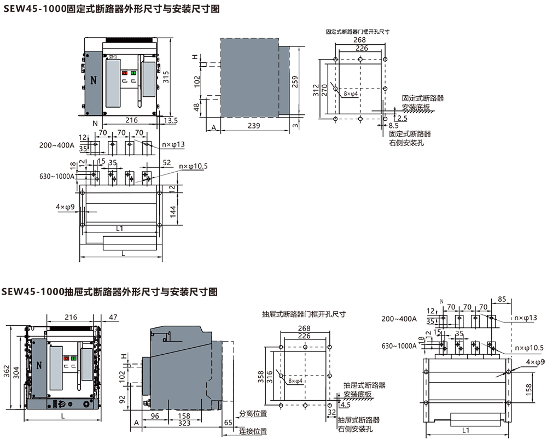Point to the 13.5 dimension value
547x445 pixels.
coord(170,120)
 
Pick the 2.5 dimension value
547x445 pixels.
coord(403,118)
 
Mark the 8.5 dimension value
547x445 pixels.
coord(393,126)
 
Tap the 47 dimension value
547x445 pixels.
coord(113,317)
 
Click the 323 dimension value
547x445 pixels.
coord(184,423)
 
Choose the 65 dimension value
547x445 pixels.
coord(228,423)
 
